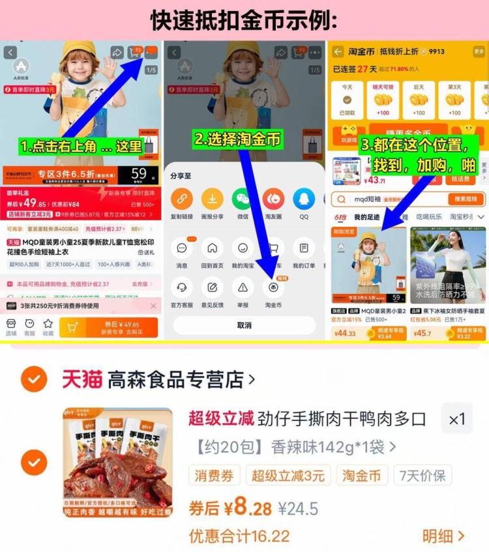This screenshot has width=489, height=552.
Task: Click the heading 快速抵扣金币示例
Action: coord(244,20)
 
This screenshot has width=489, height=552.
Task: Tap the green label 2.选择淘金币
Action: coord(237,139)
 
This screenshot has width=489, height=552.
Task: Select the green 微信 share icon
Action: coord(242,198)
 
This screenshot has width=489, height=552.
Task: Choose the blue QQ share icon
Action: coord(304,198)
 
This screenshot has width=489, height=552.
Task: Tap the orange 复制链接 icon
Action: coord(181,198)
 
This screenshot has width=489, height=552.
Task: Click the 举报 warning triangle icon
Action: coord(243,286)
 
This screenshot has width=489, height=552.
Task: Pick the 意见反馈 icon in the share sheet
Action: coord(212,286)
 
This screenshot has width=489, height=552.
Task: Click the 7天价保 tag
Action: coord(423,475)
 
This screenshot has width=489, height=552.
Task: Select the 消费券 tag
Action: coord(215,475)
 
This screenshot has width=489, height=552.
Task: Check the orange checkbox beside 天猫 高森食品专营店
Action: coord(33,379)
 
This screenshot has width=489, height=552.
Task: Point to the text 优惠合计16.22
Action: coord(239,536)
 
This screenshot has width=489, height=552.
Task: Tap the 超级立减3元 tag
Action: coord(288,475)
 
